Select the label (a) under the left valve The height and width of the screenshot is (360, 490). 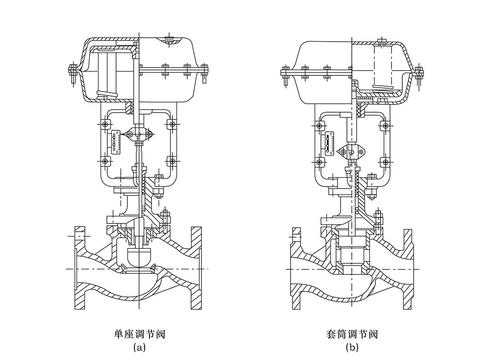tap(139, 348)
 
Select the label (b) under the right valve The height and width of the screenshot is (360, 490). tap(352, 348)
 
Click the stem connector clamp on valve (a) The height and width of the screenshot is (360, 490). tap(139, 133)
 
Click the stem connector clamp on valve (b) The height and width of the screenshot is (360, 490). tap(352, 153)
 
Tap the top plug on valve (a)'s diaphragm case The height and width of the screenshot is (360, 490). tap(170, 39)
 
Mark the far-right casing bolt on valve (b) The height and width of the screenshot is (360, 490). tap(418, 74)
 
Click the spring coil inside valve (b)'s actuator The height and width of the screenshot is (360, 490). tap(383, 88)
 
